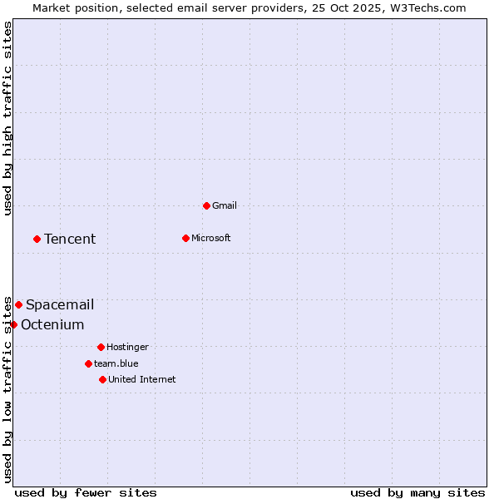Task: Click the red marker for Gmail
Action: point(206,205)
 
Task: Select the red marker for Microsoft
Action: point(185,238)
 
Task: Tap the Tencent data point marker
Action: point(37,239)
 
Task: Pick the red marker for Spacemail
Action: point(18,304)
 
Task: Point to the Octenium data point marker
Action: point(13,324)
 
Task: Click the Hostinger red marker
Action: point(101,347)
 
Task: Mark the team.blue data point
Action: point(88,363)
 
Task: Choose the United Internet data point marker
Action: point(102,379)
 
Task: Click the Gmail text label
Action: point(225,205)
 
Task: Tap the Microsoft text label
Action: point(211,238)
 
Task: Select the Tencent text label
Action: point(70,239)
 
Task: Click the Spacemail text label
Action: point(60,304)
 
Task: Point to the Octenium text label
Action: point(52,324)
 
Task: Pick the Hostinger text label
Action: point(127,347)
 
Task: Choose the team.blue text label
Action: point(116,363)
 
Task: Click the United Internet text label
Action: point(142,379)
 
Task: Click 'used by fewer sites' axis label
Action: point(86,492)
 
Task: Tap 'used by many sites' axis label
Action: point(417,492)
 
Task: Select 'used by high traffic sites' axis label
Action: point(7,118)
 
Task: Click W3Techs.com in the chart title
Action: point(431,7)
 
